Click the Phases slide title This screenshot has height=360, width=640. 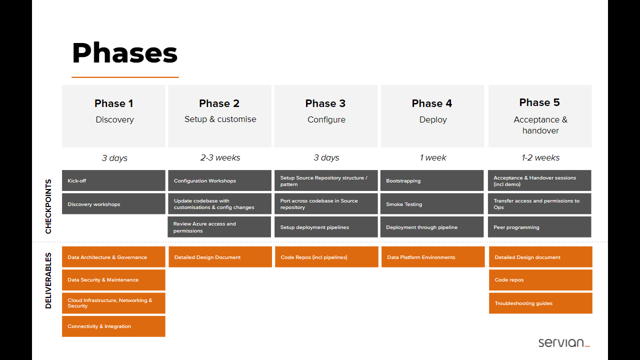coord(125,53)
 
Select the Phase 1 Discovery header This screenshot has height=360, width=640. coord(113,116)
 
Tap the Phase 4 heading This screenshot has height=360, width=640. coord(432,103)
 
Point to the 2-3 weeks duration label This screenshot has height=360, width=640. coord(220,157)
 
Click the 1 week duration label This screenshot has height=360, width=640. coord(432,157)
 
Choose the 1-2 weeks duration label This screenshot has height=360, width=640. coord(540,157)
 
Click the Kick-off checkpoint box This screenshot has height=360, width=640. coord(113,180)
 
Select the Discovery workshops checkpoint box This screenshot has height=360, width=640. coord(113,203)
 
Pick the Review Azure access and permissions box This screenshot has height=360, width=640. coord(219,227)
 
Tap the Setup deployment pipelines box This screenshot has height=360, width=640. coord(326,227)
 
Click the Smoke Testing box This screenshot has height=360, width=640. coord(432,203)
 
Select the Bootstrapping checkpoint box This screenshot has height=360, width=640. coord(432,180)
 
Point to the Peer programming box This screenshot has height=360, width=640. coord(539,227)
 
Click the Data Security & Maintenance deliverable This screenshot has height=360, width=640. coord(113,280)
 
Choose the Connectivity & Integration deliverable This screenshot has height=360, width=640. coord(113,326)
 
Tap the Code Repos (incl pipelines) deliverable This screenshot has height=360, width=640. coord(326,257)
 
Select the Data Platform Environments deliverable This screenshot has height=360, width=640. coord(433,257)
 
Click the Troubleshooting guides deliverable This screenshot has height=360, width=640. coord(540,303)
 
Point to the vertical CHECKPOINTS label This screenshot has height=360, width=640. coord(48,206)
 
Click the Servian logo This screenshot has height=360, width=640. coord(564,342)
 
